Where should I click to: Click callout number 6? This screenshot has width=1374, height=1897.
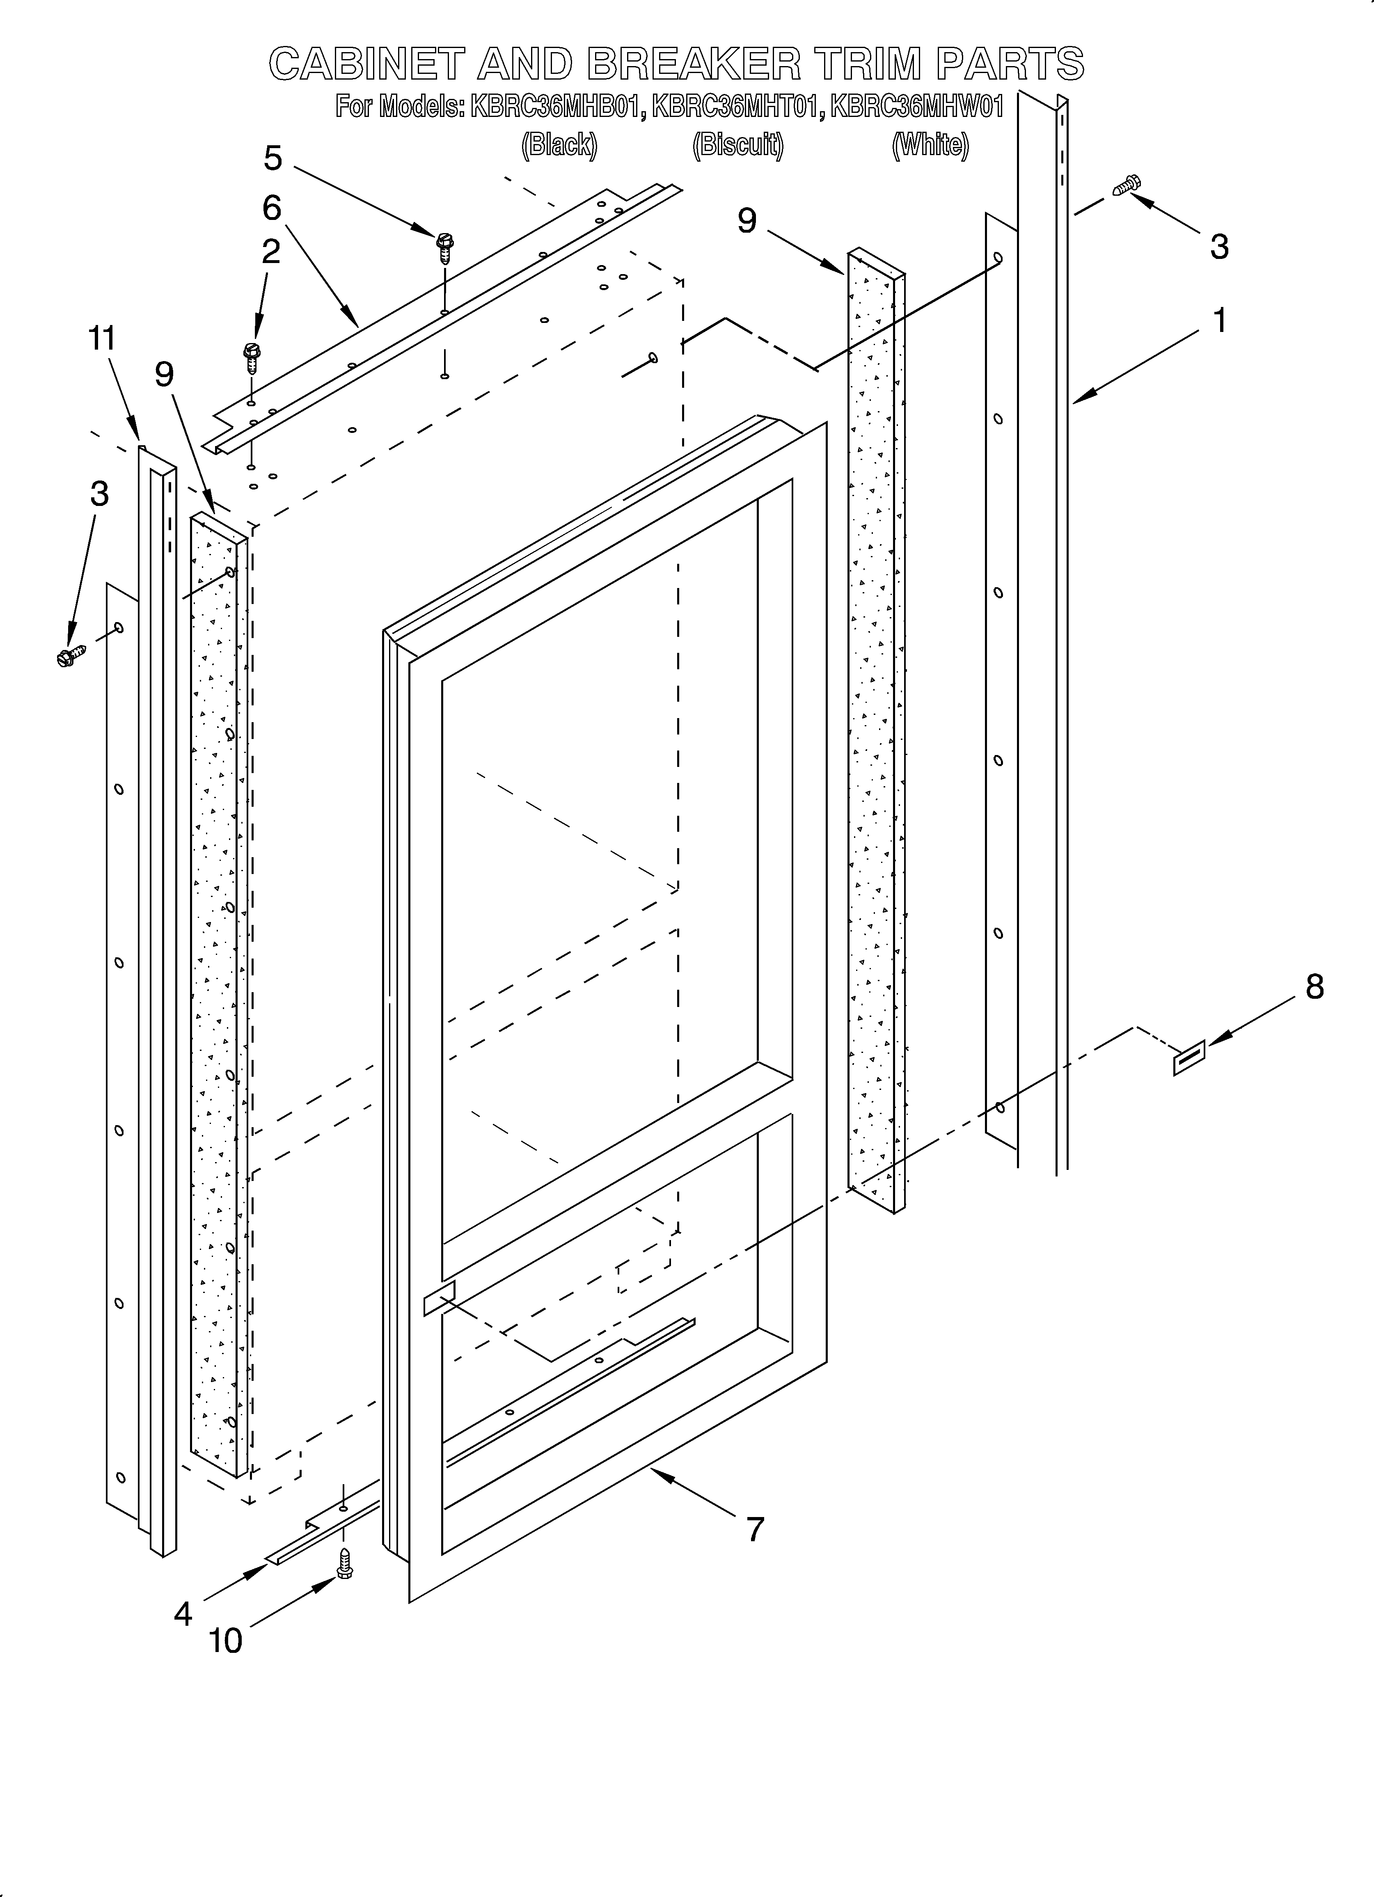click(272, 208)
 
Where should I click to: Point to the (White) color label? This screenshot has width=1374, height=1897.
click(930, 146)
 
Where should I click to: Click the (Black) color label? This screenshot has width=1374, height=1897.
click(559, 146)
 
